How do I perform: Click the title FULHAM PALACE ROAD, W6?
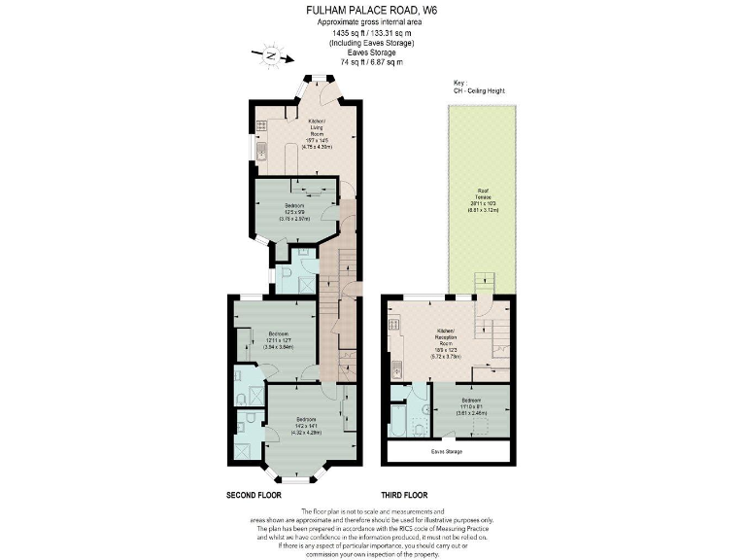pos(372,13)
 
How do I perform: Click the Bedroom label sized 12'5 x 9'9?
pos(294,211)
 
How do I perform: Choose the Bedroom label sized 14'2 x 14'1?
pos(307,424)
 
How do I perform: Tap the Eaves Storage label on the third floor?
pos(447,452)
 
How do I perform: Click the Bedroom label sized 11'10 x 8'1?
pos(471,406)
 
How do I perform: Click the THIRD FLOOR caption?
pos(405,495)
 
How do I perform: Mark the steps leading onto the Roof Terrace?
pos(484,283)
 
